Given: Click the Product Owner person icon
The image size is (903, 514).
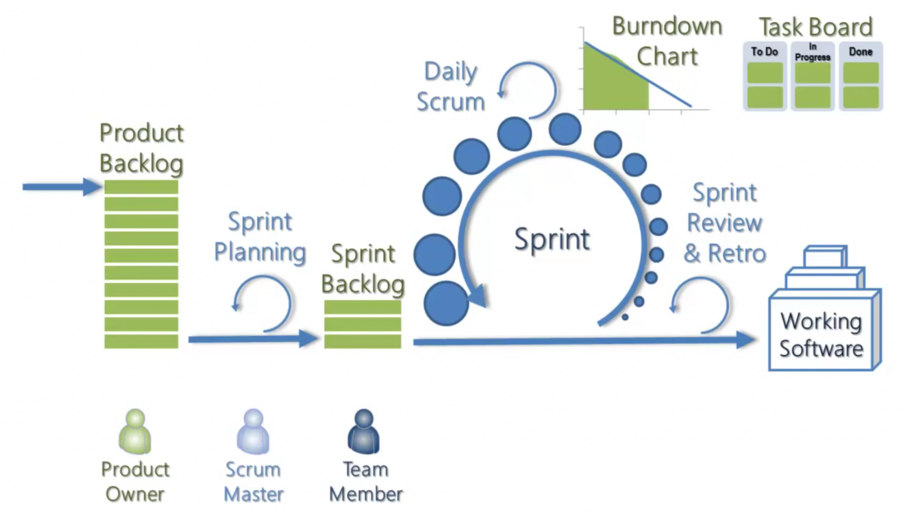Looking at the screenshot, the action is tap(135, 431).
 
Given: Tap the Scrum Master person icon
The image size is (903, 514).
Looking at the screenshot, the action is tap(253, 431).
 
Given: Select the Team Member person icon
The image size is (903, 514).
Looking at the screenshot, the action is tap(364, 431).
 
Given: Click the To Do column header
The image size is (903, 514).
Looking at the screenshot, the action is tap(764, 52).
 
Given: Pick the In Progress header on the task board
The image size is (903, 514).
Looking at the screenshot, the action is tap(812, 52).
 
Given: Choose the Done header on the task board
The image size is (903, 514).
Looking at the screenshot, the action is tap(860, 52).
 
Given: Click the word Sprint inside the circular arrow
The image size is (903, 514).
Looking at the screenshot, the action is tap(552, 239).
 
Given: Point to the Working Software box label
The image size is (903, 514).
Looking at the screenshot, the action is tap(821, 335).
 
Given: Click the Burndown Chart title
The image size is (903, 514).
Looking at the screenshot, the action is tap(667, 41).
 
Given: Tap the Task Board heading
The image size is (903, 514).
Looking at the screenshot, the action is tap(816, 27).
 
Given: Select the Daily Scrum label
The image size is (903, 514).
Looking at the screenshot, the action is tap(451, 87).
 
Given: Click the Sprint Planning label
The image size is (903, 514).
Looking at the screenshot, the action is tap(260, 237).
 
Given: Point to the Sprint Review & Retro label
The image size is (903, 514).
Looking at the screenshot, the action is tap(725, 223).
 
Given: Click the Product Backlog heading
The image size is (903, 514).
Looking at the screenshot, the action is tap(141, 148).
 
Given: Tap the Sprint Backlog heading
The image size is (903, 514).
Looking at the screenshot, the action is tap(363, 269).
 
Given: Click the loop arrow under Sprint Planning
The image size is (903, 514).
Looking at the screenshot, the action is tap(290, 303).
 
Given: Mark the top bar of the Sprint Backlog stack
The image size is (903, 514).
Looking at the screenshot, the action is tap(363, 307).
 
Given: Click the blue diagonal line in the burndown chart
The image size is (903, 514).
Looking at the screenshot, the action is tap(638, 74).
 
